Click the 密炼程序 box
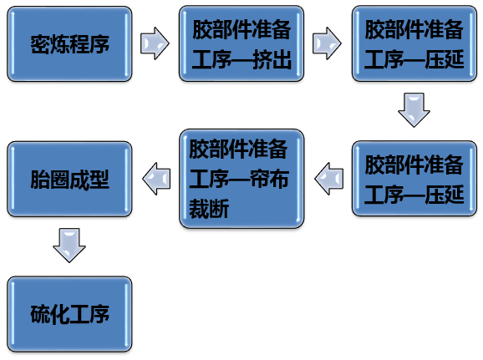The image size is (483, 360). coord(69,43)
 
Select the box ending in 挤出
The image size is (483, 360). coord(241,43)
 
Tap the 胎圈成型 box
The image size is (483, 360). coord(69,179)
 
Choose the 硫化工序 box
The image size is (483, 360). coord(69,314)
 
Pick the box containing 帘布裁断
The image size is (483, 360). coord(241,179)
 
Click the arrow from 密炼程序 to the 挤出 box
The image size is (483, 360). coord(155,43)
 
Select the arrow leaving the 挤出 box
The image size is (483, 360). coord(327,43)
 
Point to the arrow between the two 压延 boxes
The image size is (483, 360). coord(414,110)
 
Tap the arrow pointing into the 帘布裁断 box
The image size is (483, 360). coord(329,179)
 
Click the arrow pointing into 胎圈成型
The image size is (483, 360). coord(156,179)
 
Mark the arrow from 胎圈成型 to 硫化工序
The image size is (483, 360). coord(69,246)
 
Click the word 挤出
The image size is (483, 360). coord(272,60)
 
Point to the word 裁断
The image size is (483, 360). coord(209,209)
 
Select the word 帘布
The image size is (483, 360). coord(269,179)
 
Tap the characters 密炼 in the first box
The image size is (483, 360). coord(50,44)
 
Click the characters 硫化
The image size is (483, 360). coord(50,314)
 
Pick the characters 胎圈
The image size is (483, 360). coord(50,180)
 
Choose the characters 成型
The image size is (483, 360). coord(89,180)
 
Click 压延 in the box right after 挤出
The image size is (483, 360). coord(445,60)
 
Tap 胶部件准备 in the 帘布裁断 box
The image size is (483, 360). coord(238,149)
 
